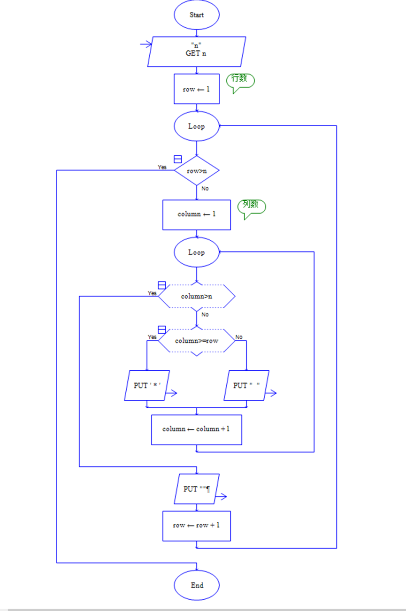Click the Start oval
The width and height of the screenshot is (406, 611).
(197, 15)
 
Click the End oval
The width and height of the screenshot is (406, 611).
(197, 585)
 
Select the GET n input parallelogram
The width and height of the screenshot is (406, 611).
(197, 52)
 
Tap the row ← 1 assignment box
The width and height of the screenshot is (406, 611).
(197, 89)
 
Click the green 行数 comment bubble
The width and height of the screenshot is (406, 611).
(240, 80)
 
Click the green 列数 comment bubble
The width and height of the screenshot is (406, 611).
(252, 206)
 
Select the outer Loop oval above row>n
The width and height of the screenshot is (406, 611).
(197, 126)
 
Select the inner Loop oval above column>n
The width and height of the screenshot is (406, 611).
(197, 252)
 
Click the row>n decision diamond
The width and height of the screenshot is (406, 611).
(197, 171)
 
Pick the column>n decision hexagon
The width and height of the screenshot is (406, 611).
(197, 297)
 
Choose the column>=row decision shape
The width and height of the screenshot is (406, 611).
(197, 341)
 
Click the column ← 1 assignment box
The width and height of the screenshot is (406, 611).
(197, 214)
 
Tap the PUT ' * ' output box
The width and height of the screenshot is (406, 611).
(147, 386)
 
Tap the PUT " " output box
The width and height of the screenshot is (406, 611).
(246, 386)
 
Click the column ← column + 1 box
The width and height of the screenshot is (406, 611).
(197, 429)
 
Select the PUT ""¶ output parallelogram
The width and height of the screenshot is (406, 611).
(197, 489)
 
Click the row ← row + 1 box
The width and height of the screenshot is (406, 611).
(197, 526)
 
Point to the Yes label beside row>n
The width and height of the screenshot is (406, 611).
(162, 167)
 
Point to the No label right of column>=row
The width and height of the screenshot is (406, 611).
(239, 337)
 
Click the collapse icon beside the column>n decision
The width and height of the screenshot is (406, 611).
(162, 285)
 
